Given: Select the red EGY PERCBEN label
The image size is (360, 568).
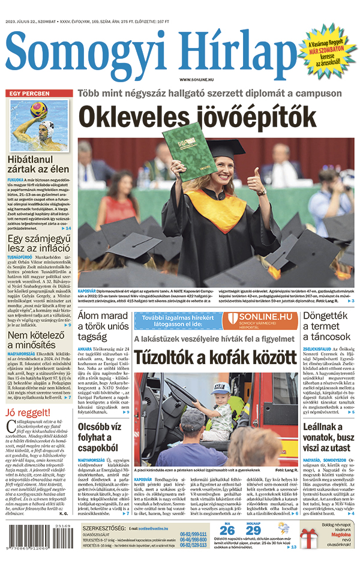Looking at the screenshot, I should click(28, 94).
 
